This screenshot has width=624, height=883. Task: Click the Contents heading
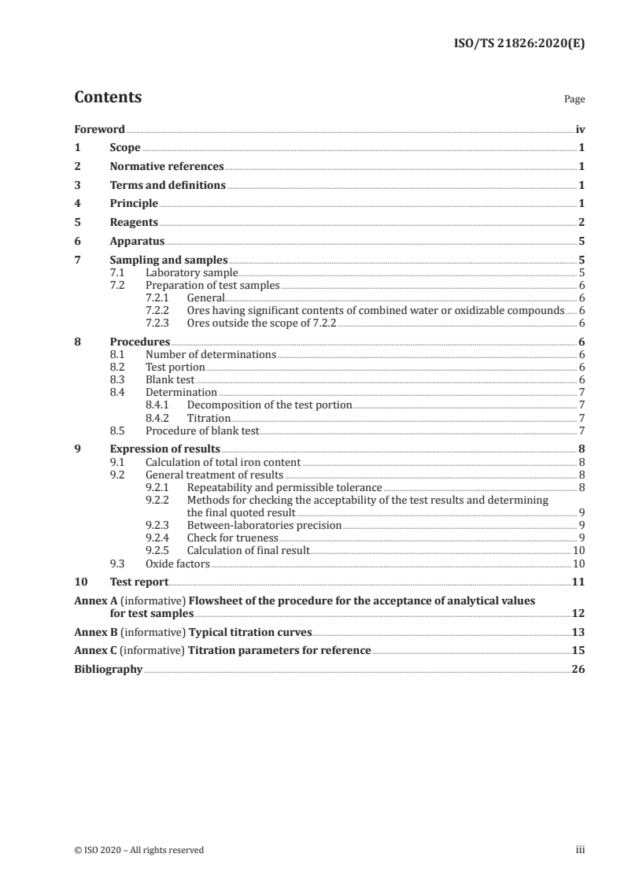click(x=108, y=98)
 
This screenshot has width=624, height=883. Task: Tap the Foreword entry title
click(x=99, y=129)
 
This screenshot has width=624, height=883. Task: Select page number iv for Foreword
click(x=580, y=129)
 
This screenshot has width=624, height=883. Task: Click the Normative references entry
click(x=167, y=167)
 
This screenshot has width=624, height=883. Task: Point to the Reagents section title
click(x=134, y=223)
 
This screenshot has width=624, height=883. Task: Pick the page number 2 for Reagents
click(x=582, y=223)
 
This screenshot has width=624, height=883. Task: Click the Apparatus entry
click(x=137, y=242)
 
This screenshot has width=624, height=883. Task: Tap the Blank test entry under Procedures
click(x=170, y=379)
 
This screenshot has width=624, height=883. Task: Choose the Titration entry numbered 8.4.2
click(x=209, y=418)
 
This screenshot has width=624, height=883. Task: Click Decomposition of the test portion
click(x=269, y=405)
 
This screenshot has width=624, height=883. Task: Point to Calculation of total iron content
click(x=223, y=462)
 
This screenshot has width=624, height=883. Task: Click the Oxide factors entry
click(x=178, y=563)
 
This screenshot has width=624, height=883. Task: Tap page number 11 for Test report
click(x=578, y=582)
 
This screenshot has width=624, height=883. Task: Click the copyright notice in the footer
click(x=139, y=850)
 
